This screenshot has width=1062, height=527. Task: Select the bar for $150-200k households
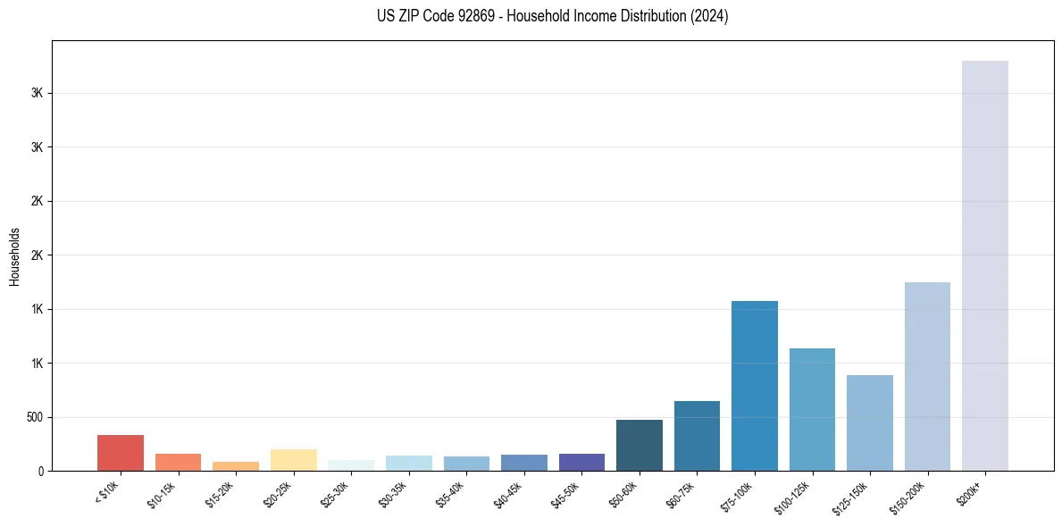(927, 376)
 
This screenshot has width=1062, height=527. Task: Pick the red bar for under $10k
(121, 453)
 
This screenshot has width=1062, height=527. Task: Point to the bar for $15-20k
(236, 466)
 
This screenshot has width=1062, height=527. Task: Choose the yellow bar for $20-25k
(293, 460)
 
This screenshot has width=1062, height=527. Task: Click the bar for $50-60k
(639, 445)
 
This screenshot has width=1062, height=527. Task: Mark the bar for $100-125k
(812, 409)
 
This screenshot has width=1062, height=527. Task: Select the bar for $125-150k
(869, 422)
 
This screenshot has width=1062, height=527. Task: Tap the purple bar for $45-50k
(581, 462)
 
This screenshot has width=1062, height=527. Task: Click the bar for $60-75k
(697, 436)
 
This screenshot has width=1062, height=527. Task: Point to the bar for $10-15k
(178, 462)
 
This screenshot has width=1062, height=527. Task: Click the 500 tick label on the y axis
(35, 417)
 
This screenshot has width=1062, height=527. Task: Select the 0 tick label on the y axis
(41, 471)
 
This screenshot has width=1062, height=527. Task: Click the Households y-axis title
(14, 255)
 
